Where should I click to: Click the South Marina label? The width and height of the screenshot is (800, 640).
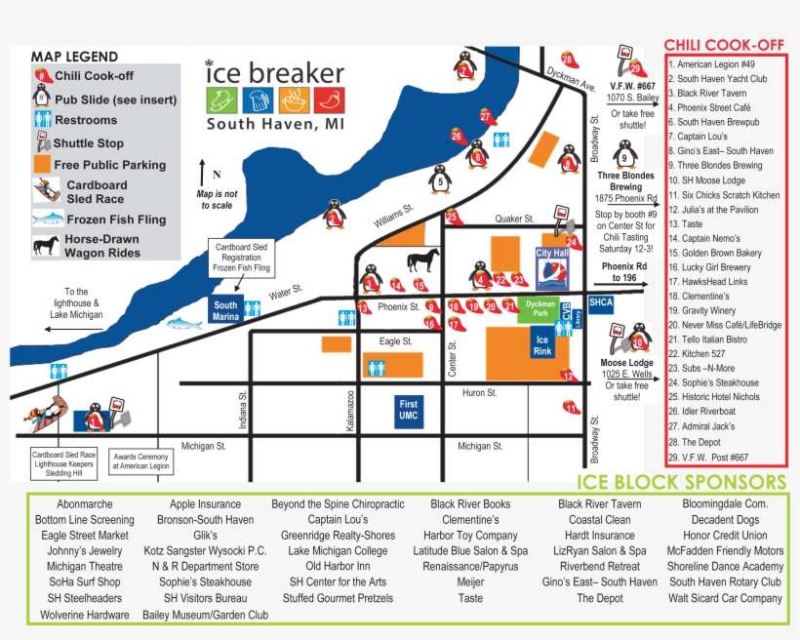tap(225, 310)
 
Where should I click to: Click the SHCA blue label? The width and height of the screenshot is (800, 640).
tap(601, 302)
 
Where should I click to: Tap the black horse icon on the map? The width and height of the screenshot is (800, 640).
tap(421, 260)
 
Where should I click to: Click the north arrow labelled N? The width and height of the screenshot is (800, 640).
tap(202, 173)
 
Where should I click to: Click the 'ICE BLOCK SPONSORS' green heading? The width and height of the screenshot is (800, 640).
tap(681, 482)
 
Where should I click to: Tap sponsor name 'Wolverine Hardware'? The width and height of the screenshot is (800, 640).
tap(85, 615)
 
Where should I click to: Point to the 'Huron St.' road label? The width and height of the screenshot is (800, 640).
tap(479, 393)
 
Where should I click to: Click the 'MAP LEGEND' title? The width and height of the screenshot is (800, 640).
tap(74, 57)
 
